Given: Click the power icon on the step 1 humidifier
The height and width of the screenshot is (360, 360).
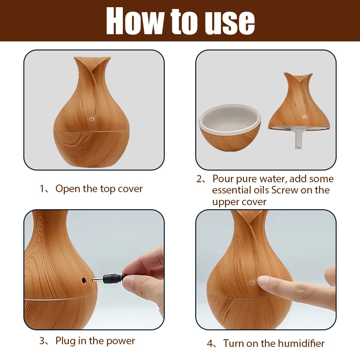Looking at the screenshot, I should (x=92, y=119).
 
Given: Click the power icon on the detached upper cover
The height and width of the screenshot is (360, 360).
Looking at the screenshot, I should (x=305, y=117).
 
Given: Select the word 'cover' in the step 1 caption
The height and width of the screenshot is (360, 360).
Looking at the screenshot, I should (x=130, y=189).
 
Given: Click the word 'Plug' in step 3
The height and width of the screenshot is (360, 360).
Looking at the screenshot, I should (x=66, y=341).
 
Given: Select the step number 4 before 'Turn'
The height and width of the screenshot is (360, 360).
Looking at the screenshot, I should (x=210, y=344).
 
